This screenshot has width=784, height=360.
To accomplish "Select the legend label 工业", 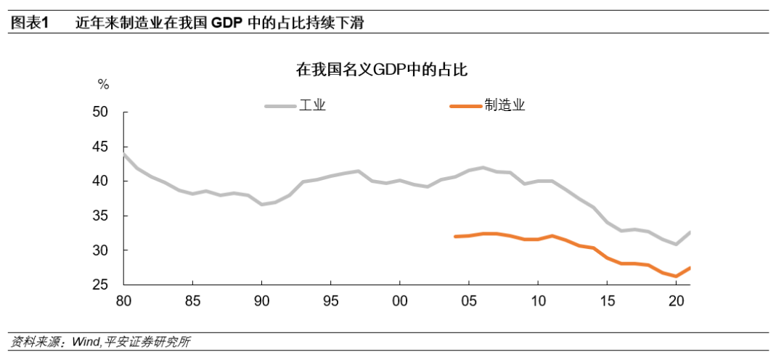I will click(x=313, y=105).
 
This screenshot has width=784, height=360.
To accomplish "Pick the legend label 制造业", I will click(x=505, y=105).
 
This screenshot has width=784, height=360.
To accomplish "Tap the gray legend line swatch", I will click(x=280, y=106).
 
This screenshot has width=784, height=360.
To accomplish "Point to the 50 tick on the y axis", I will click(x=110, y=112).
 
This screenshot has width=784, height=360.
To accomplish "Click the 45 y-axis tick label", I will click(x=110, y=147).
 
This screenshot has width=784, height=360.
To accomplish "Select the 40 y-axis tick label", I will click(x=110, y=181).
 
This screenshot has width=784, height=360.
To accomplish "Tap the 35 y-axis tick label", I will click(x=110, y=216).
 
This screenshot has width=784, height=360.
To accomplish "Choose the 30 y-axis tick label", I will click(x=110, y=250).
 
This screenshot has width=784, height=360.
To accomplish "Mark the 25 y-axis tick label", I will click(x=110, y=285).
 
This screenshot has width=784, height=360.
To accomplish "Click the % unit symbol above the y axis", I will click(x=103, y=85).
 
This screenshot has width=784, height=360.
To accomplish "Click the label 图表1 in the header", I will click(x=30, y=22).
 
